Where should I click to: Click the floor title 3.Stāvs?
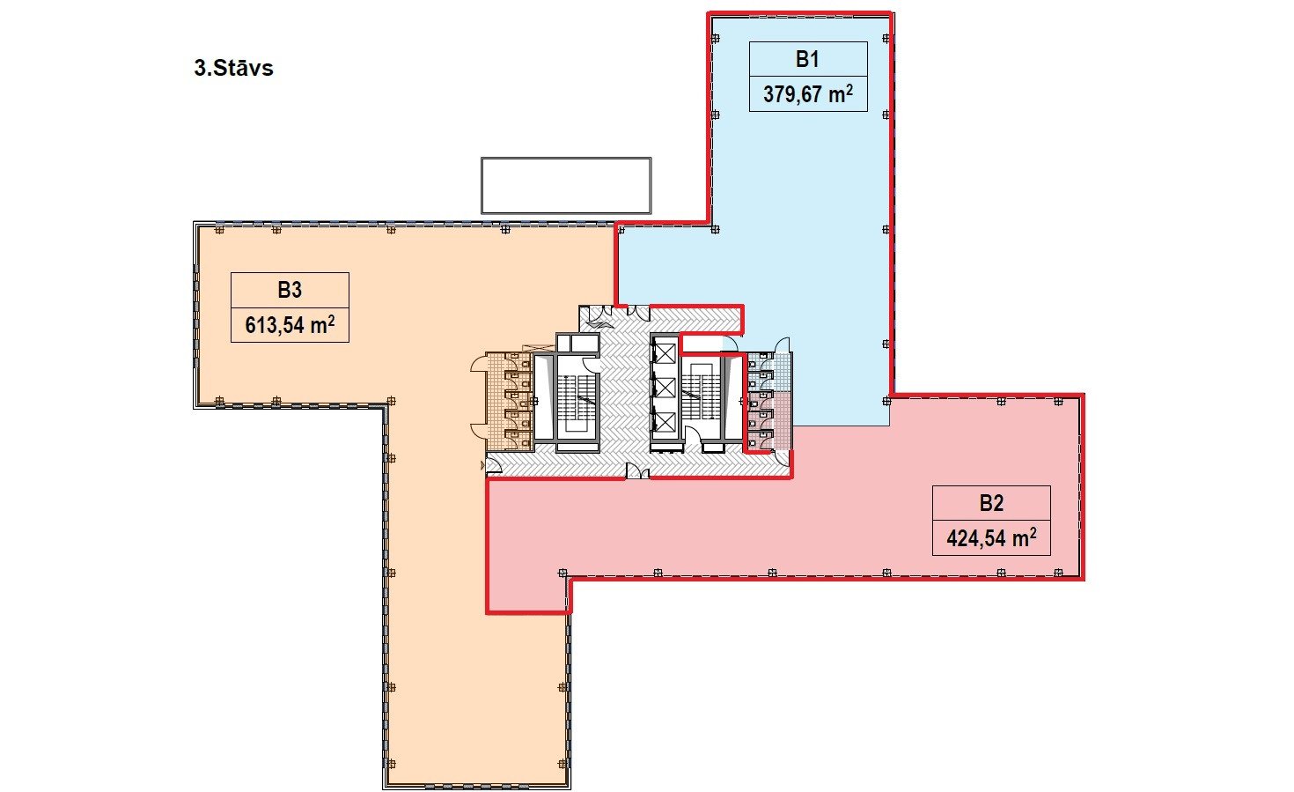coord(233,68)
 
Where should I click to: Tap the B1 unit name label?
coord(807,59)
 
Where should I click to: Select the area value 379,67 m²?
coord(807,93)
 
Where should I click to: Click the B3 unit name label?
coord(290,290)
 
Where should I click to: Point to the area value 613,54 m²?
coord(290,324)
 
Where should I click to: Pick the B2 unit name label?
coord(991,503)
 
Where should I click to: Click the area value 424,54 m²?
coord(991,537)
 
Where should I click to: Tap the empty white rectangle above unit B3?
coord(566,186)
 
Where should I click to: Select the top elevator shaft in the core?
coord(664,352)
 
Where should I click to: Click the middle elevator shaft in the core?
coord(664,388)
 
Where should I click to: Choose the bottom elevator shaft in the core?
coord(664,422)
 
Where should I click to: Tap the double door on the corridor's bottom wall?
coord(637,471)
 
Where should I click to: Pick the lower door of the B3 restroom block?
coord(479,432)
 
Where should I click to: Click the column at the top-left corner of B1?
coord(715,39)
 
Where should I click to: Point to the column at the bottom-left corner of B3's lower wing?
coord(391,764)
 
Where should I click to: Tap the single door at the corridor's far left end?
coord(493,465)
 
